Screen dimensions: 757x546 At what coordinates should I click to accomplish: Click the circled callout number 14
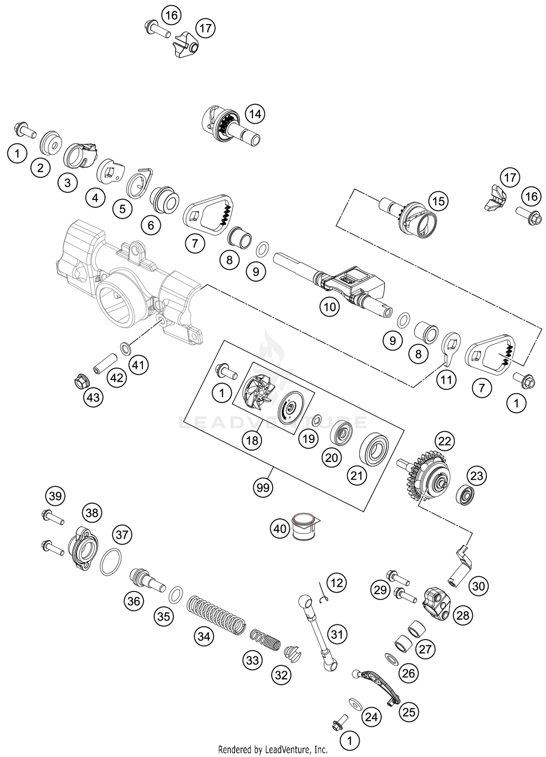[x=255, y=114]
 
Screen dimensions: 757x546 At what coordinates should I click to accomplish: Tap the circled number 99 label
[x=263, y=487]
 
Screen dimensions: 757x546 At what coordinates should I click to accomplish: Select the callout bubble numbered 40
[x=280, y=528]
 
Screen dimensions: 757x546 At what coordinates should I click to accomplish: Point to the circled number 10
[x=329, y=307]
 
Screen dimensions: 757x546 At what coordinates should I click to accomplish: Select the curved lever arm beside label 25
[x=379, y=685]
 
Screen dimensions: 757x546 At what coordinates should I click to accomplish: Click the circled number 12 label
[x=337, y=583]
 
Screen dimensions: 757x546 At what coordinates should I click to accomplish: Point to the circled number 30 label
[x=478, y=586]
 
